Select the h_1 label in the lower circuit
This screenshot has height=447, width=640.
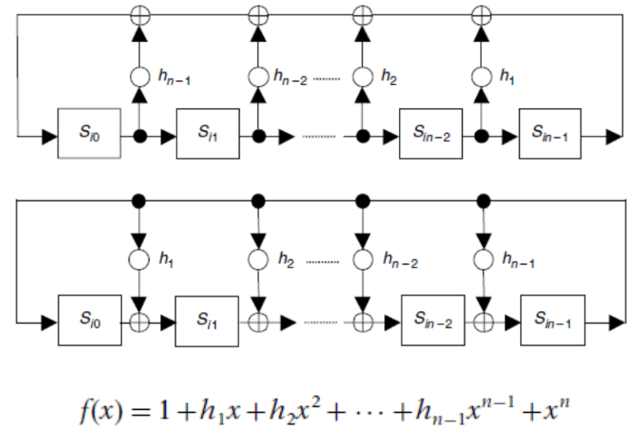[166, 260]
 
